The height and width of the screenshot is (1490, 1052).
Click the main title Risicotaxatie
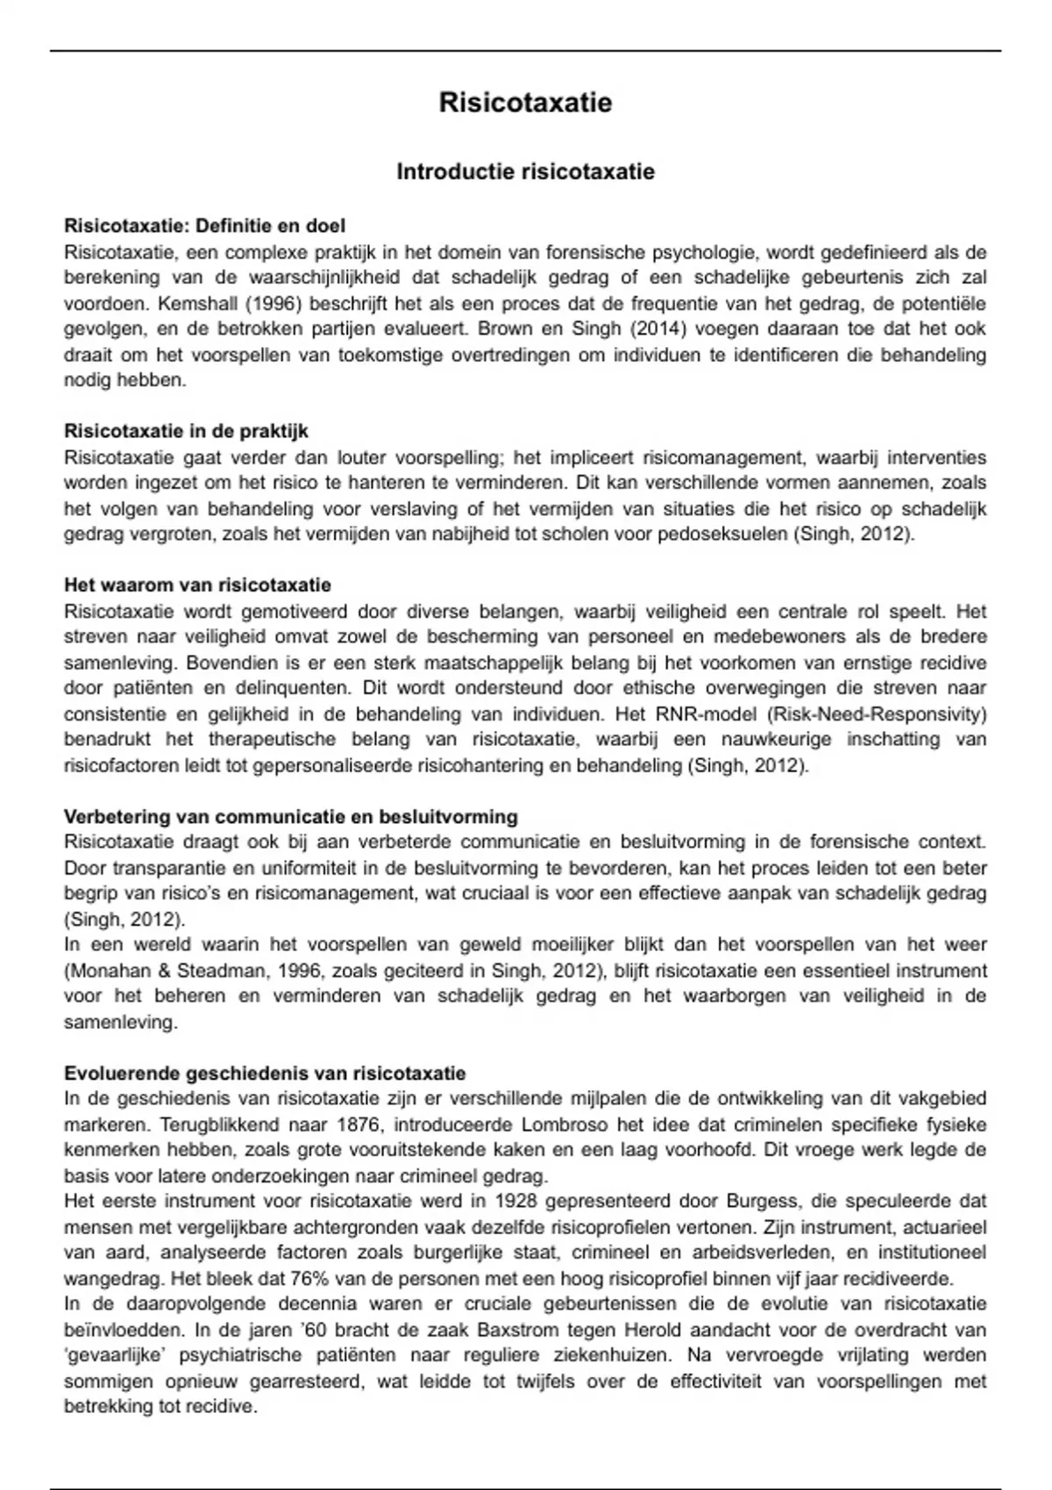(x=525, y=103)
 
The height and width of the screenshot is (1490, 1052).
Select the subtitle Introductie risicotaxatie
(x=525, y=172)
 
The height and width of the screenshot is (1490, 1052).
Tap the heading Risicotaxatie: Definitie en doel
(x=204, y=226)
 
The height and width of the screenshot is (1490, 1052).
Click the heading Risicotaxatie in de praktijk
(x=186, y=431)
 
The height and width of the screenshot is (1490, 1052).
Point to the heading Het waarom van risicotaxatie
(x=197, y=585)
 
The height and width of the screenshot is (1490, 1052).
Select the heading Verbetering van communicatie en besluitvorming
(x=290, y=817)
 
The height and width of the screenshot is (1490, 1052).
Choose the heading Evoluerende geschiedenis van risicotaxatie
(x=265, y=1074)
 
